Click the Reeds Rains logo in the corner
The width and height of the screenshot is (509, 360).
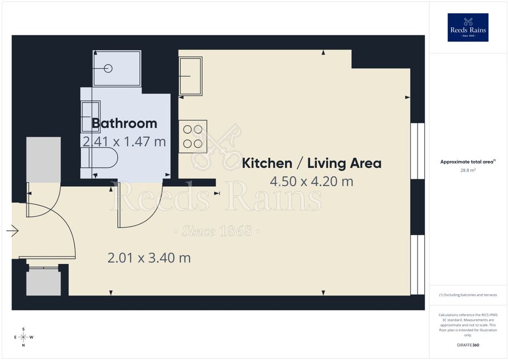468,27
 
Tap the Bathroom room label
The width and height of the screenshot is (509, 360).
124,123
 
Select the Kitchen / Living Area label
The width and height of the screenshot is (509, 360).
312,163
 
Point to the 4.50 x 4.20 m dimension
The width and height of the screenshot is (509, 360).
312,181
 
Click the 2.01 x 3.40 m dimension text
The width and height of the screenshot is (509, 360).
149,258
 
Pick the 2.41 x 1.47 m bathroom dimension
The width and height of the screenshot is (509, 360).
124,142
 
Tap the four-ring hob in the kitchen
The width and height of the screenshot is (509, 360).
193,137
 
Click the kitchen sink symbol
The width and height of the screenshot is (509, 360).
191,76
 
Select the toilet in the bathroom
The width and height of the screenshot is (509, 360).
99,158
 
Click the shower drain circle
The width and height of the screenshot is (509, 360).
109,69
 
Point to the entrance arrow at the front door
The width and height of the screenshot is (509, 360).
12,231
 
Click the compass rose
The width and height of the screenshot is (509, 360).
23,337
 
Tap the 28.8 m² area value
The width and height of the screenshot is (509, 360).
468,170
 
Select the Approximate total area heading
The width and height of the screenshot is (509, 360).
468,162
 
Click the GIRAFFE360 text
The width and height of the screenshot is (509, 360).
468,345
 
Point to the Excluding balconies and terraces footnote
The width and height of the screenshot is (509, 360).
468,295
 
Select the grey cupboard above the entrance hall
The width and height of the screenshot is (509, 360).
43,160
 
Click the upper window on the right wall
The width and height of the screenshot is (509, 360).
418,151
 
